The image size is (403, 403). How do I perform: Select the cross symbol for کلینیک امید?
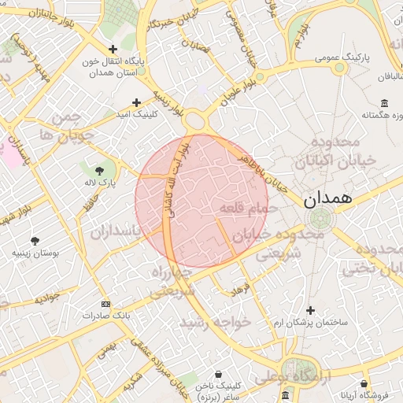click(x=137, y=102)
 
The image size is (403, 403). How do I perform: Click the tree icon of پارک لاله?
click(x=99, y=170)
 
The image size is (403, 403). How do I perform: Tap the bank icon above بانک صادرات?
click(x=106, y=304)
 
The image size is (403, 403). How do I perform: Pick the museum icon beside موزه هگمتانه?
click(x=384, y=104)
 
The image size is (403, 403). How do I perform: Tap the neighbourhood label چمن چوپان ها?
click(x=72, y=126)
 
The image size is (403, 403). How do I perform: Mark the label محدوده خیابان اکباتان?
click(x=335, y=151)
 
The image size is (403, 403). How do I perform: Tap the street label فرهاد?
click(x=238, y=290)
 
